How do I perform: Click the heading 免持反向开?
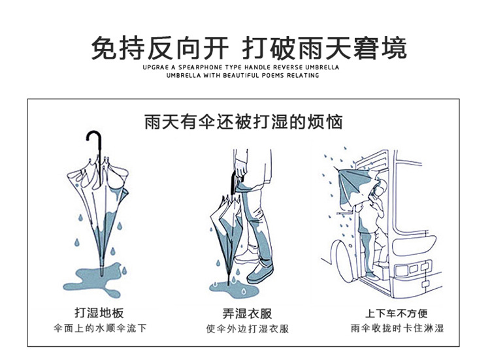(159, 48)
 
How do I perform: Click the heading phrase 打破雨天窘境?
(324, 48)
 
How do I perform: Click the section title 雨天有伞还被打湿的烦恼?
(243, 122)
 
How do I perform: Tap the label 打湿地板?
(99, 313)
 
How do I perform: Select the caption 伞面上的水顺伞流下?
(99, 328)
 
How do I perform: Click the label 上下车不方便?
(396, 314)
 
